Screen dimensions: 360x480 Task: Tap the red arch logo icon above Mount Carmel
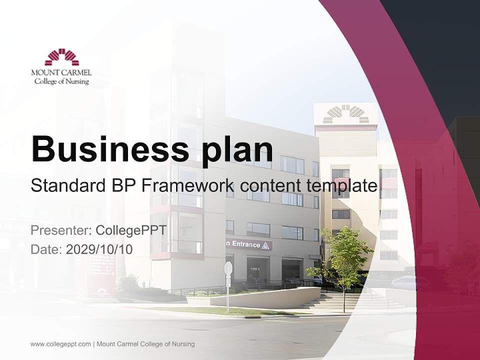[x=61, y=57]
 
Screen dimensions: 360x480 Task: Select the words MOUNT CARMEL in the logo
[x=61, y=73]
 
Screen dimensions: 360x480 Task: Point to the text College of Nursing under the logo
[x=61, y=81]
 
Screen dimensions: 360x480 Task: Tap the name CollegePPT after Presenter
[x=131, y=231]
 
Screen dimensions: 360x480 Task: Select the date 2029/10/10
[x=99, y=249]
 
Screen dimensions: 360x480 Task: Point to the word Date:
[x=46, y=249]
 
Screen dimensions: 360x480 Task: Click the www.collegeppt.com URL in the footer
[x=60, y=344]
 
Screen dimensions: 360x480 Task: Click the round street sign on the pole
[x=228, y=268]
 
